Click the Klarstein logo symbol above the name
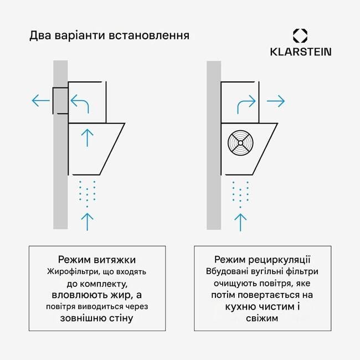(300, 36)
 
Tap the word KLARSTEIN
(301, 52)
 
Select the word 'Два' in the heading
(42, 36)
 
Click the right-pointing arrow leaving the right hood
(275, 101)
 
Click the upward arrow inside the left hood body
(87, 136)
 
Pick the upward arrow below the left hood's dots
(87, 219)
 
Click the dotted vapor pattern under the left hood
(87, 192)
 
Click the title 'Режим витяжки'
(96, 260)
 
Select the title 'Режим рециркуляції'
(263, 260)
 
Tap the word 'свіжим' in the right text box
(263, 320)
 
